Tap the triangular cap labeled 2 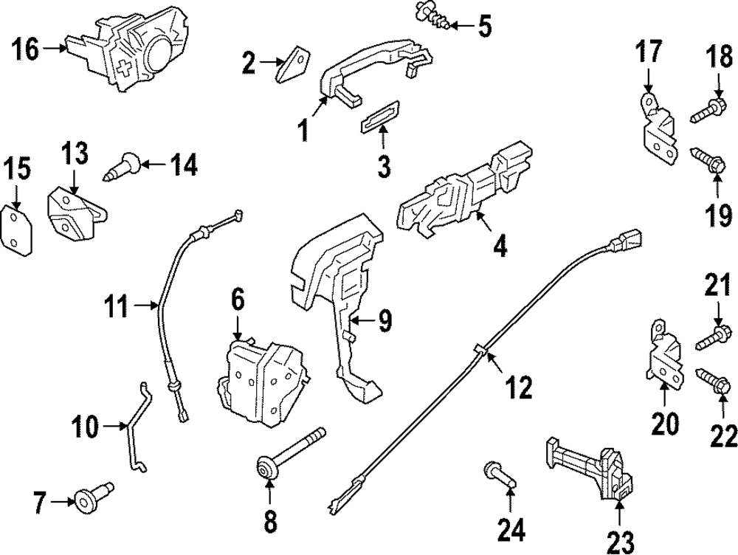tap(294, 62)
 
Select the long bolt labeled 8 tap(289, 452)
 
